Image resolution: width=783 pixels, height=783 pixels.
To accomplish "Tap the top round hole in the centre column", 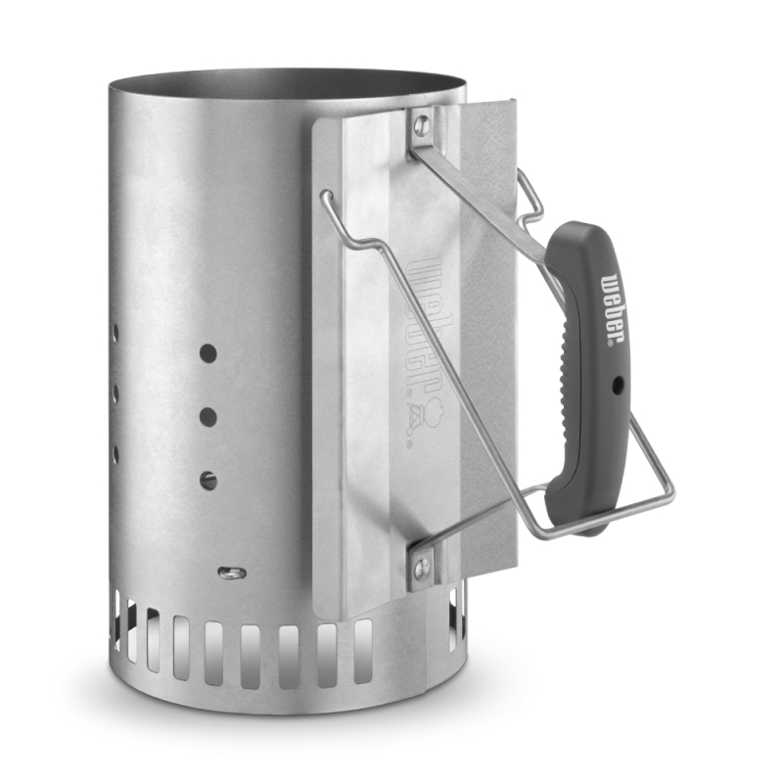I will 207,351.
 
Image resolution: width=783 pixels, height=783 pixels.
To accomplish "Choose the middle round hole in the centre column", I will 207,416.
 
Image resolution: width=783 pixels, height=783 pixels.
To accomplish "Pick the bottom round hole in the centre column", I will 207,480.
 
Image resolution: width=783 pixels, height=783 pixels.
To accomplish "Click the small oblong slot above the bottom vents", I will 231,572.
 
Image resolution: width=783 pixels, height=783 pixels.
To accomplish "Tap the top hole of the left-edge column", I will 115,333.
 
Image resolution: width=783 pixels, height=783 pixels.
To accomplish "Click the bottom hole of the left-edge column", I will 115,455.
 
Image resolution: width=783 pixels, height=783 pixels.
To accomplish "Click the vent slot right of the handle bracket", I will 453,625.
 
